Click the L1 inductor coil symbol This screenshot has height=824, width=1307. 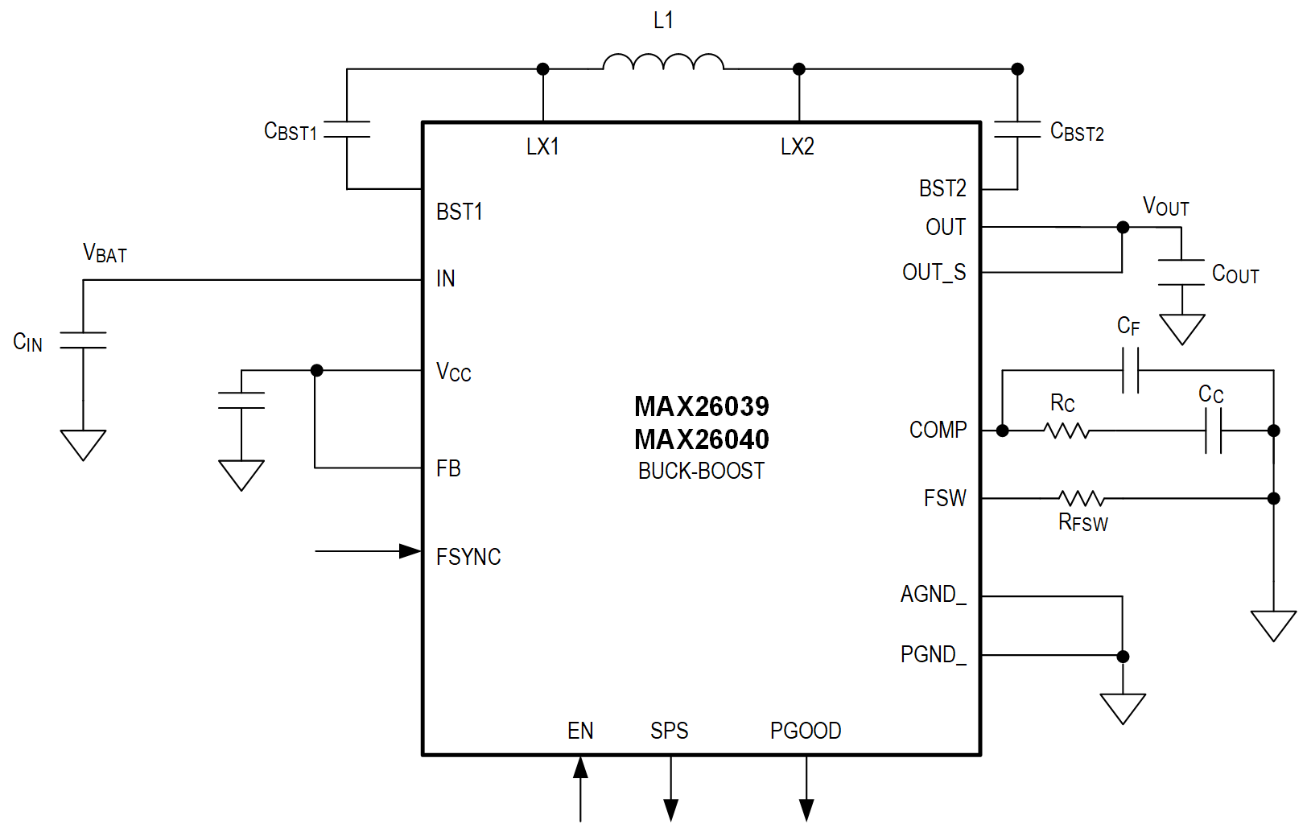[x=663, y=63]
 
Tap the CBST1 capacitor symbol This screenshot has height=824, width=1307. [x=347, y=130]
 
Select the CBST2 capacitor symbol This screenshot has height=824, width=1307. [x=1017, y=130]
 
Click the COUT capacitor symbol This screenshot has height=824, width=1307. [x=1181, y=272]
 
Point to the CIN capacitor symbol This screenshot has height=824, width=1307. [x=83, y=340]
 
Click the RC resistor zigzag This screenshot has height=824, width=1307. [x=1067, y=431]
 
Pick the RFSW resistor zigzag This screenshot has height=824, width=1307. [x=1081, y=498]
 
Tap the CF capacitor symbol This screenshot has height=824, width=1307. [x=1130, y=371]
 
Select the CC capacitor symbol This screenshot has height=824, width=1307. [x=1213, y=431]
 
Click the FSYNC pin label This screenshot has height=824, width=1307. [x=468, y=557]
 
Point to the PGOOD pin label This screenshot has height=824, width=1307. [x=806, y=731]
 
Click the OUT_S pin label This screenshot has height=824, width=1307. [x=934, y=273]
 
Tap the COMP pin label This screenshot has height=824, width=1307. [x=938, y=430]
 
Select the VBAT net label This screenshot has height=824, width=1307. [x=105, y=253]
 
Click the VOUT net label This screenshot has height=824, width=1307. [x=1165, y=207]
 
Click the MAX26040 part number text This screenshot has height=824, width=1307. [x=701, y=439]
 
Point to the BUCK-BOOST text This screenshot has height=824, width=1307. [x=701, y=471]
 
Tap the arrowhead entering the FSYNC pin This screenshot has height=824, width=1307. [x=410, y=551]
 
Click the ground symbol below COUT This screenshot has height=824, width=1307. [x=1181, y=328]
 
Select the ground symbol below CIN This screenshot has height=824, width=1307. [x=83, y=443]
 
